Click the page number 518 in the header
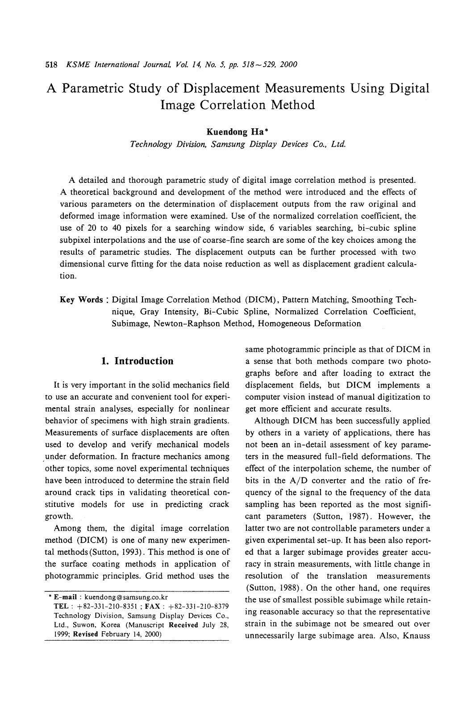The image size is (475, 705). click(x=52, y=64)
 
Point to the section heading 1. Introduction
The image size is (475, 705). click(x=137, y=361)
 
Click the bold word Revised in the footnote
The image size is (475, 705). click(x=85, y=634)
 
